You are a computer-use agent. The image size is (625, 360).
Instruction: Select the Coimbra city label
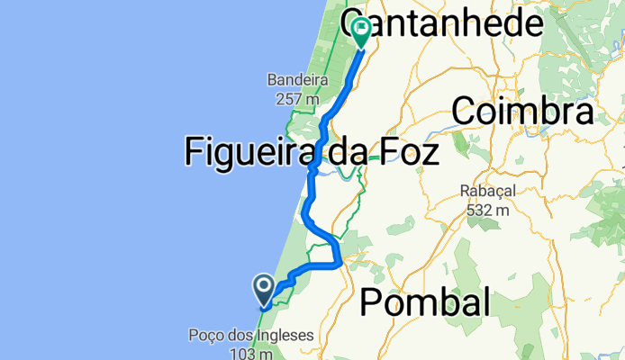point(522,112)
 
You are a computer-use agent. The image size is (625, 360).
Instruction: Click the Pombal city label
point(425,303)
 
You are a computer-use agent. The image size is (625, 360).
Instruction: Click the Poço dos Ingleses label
point(251,336)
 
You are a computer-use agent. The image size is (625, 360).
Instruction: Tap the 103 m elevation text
point(251,353)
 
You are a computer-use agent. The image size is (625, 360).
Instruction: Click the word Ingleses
point(284,336)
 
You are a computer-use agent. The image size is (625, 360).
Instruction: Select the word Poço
point(206,336)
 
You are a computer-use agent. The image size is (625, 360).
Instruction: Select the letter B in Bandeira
point(271,80)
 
